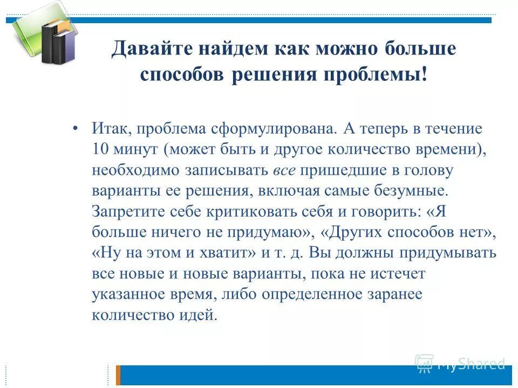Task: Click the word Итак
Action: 111,130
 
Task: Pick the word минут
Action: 138,151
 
